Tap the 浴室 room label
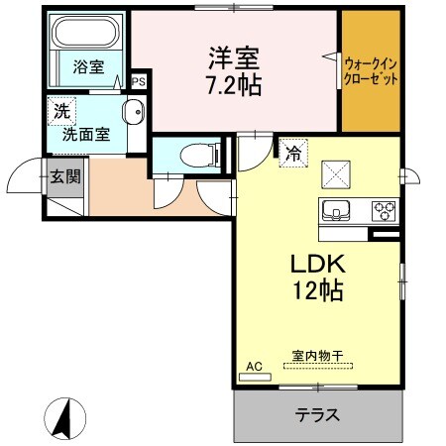point(88,67)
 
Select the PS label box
point(139,82)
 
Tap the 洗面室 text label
point(86,134)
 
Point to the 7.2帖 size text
point(235,86)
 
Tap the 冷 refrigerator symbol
point(293,154)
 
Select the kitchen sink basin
point(335,210)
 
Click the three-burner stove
point(383,210)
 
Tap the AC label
point(254,367)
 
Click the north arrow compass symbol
point(62,417)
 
